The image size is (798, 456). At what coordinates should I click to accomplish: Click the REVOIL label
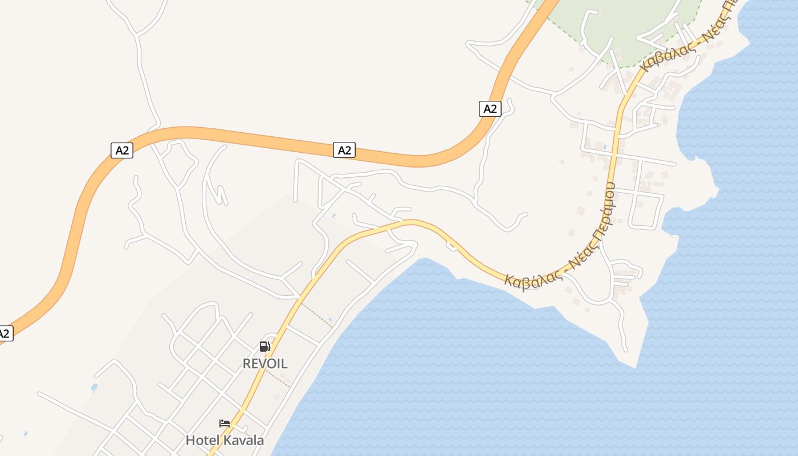[x=265, y=364]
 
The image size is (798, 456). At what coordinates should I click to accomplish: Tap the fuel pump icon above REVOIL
[x=264, y=347]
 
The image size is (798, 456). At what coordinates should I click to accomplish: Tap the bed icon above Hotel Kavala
[x=225, y=424]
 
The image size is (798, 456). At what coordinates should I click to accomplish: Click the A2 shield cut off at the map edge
[x=5, y=333]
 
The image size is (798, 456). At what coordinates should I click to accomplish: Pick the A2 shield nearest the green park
[x=490, y=109]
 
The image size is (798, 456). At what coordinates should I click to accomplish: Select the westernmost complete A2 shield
[x=121, y=150]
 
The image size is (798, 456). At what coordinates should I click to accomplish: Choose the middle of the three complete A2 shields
[x=344, y=150]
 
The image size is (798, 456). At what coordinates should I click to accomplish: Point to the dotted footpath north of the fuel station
[x=317, y=315]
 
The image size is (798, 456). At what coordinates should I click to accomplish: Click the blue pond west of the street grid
[x=94, y=387]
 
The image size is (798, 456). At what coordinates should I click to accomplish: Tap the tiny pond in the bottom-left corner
[x=26, y=434]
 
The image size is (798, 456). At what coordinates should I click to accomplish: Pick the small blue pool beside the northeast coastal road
[x=604, y=147]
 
